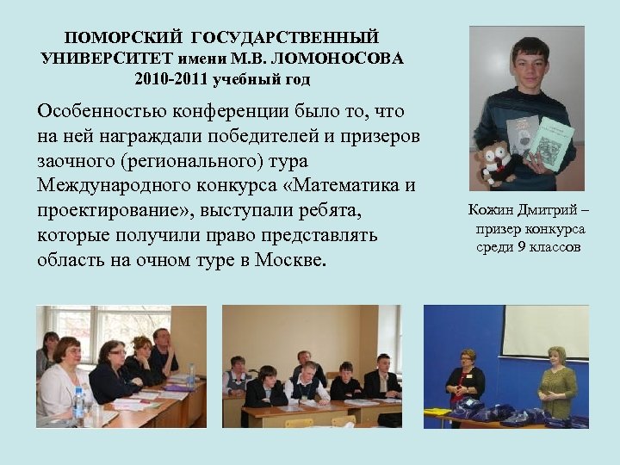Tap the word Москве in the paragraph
click(288, 260)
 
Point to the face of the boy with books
click(526, 63)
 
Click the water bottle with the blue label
click(79, 402)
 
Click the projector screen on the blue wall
click(544, 332)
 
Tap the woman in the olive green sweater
click(557, 383)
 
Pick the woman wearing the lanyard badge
click(466, 379)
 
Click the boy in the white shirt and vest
click(307, 381)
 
